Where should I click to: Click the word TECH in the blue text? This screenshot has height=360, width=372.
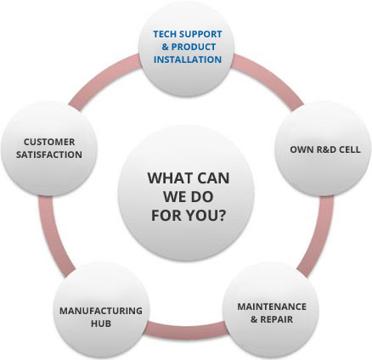coord(165,34)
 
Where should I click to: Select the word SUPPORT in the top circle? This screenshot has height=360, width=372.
coord(200,34)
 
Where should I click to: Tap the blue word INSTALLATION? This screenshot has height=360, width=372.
coord(188,59)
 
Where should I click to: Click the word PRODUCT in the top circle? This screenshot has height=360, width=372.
coord(194,47)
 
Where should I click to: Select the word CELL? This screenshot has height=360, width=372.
coord(349,149)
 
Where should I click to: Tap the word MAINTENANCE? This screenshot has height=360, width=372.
coord(272,307)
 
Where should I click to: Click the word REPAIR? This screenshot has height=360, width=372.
coord(277,319)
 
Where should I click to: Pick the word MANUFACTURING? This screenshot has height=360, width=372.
coord(101,311)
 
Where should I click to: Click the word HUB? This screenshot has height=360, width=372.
coord(101,323)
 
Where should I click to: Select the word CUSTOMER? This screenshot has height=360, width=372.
coord(49,142)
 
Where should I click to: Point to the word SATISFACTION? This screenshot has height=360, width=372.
coord(49,155)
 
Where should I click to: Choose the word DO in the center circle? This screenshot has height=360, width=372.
coord(202,197)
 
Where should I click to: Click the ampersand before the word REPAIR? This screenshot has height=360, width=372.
coord(254,319)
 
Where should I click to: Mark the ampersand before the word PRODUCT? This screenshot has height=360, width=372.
coord(165,47)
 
